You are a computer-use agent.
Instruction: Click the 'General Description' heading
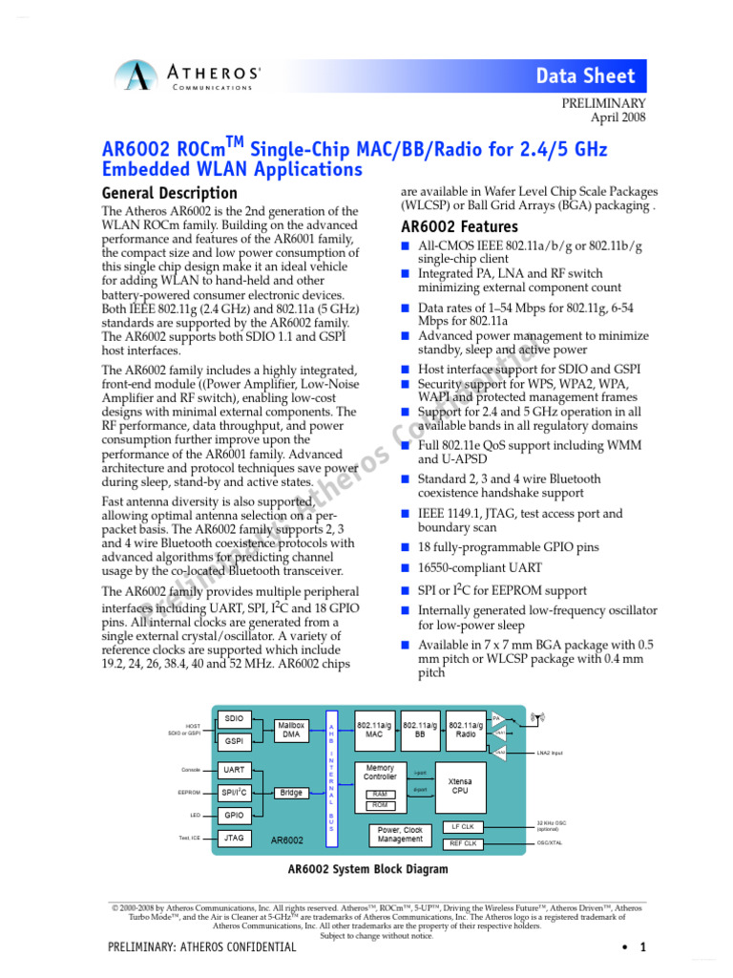click(169, 193)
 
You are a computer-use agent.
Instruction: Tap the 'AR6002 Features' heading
click(460, 227)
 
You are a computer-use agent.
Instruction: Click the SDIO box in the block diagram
click(235, 718)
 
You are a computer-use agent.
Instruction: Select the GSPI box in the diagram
click(235, 740)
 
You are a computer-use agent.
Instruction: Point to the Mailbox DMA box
click(290, 731)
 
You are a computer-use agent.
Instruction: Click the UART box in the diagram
click(235, 770)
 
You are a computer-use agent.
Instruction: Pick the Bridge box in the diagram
click(290, 793)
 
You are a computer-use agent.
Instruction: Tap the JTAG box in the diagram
click(235, 838)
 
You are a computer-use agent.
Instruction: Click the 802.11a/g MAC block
click(374, 731)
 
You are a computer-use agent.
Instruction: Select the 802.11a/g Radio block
click(467, 731)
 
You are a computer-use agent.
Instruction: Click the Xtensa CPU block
click(460, 786)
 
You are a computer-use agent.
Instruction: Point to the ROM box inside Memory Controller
click(380, 805)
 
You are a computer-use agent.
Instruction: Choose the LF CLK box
click(463, 826)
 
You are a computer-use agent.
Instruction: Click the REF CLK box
click(463, 843)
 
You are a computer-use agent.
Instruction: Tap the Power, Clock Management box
click(400, 835)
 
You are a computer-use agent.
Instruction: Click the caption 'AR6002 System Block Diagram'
click(367, 870)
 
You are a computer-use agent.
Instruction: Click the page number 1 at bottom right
click(643, 947)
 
